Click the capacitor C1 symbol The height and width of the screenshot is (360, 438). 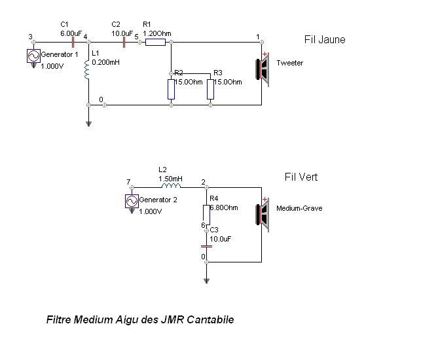click(64, 43)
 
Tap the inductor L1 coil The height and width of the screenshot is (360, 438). click(88, 69)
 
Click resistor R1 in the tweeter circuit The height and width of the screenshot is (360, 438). click(155, 43)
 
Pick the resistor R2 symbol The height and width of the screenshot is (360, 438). click(171, 89)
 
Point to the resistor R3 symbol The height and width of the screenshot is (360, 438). click(210, 89)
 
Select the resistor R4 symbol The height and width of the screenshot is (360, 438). click(206, 214)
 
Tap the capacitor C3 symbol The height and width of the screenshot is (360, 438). click(206, 245)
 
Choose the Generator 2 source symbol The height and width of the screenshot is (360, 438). click(132, 201)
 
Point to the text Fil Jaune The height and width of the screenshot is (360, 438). click(325, 40)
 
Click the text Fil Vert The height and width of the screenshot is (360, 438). click(301, 177)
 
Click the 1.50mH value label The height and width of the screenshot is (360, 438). click(170, 178)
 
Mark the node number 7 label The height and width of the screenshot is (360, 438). click(128, 182)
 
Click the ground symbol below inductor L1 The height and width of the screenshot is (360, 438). click(88, 123)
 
